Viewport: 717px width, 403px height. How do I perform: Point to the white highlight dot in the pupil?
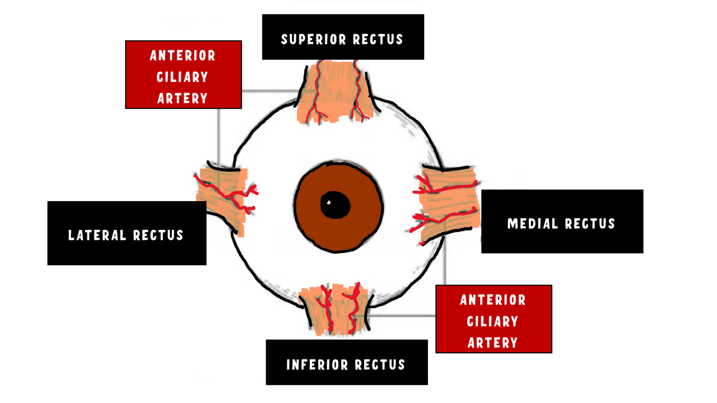329,202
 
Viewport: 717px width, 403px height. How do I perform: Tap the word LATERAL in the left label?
97,235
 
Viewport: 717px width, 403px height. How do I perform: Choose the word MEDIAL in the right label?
533,224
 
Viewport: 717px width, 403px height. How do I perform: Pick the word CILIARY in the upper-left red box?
183,77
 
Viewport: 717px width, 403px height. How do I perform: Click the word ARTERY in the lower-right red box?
493,343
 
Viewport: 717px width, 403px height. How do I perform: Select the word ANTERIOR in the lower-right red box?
493,300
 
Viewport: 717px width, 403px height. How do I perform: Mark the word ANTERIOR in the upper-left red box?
183,56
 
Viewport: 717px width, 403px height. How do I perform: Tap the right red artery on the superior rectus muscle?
358,93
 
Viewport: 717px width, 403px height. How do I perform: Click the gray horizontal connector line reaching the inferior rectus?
401,316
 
